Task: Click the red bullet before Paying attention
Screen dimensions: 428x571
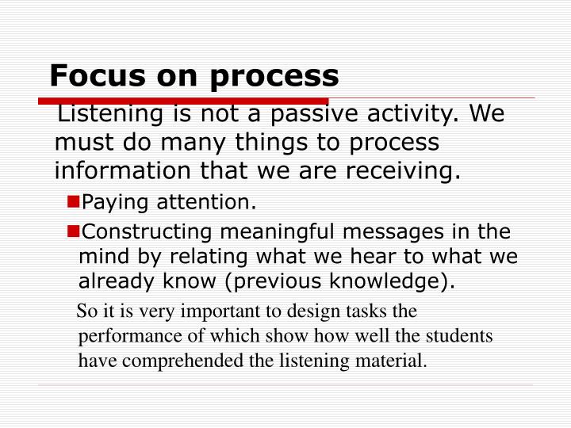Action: pos(73,202)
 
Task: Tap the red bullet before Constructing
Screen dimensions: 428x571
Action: pos(73,231)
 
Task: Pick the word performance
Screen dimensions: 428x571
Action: pos(126,336)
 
